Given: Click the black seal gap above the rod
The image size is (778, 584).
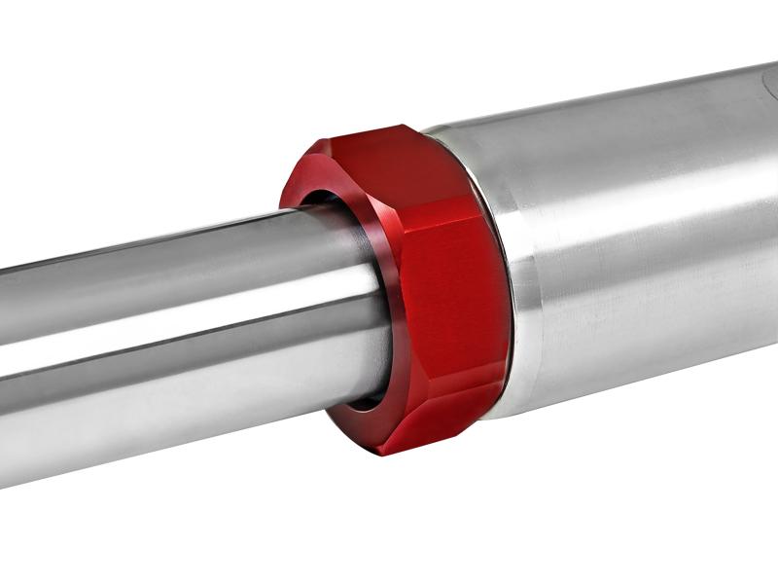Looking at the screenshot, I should pos(321,199).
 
